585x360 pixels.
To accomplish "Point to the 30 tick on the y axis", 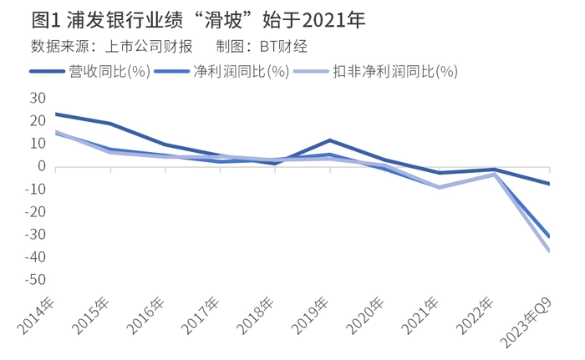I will [x=37, y=99].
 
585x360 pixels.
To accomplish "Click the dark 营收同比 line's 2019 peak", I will [x=331, y=140].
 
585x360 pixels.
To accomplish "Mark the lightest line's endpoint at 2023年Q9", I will [x=550, y=251].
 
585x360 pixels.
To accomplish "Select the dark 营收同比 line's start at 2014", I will [x=55, y=114].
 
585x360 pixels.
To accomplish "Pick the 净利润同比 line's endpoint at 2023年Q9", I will [x=550, y=236].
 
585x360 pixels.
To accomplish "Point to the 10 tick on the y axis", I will [x=37, y=144].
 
